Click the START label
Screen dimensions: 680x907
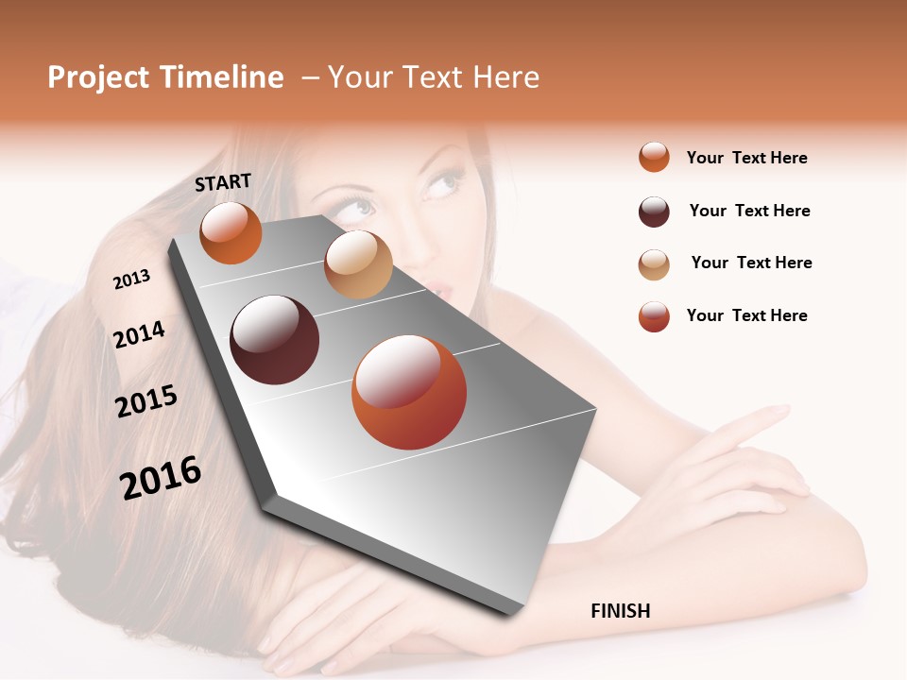[x=223, y=182]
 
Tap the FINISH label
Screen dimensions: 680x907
[x=620, y=611]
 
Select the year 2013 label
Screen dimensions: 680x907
[x=132, y=279]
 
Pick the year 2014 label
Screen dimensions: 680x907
[x=139, y=334]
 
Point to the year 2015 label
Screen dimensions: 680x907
[x=146, y=401]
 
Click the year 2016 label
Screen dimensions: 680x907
[x=161, y=477]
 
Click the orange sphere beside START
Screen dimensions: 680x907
[x=231, y=233]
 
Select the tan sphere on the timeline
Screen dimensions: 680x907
[x=358, y=264]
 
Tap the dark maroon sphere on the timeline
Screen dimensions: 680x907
[x=275, y=340]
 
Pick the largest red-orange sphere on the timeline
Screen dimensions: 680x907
[x=409, y=392]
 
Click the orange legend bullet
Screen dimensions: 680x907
[x=654, y=157]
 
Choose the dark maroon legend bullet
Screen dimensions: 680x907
[x=654, y=212]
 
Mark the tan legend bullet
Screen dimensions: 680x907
[x=654, y=263]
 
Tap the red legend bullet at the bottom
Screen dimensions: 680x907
[x=654, y=316]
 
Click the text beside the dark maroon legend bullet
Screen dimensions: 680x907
[x=749, y=211]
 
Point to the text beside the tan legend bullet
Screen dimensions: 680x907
[x=751, y=263]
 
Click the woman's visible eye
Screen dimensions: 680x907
[x=439, y=181]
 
